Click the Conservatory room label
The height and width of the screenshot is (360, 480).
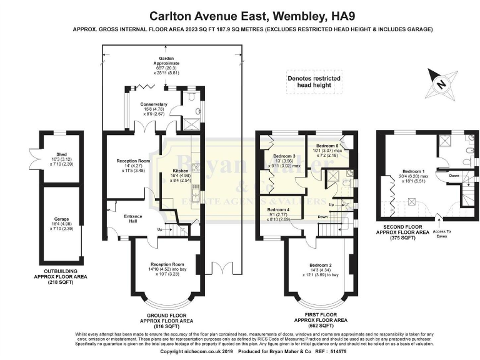coord(154,104)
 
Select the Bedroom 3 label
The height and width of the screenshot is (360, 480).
coord(284,156)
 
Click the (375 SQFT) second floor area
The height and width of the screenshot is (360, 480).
coord(412,238)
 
